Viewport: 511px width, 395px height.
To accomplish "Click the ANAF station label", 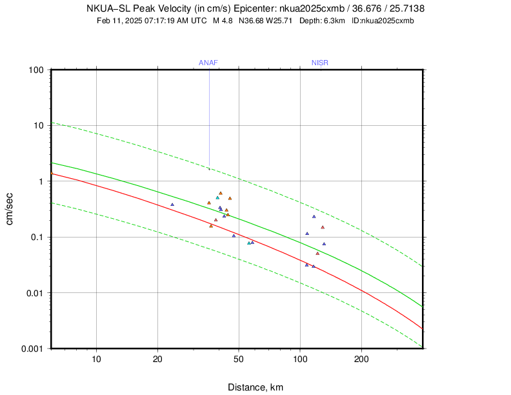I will click(208, 63).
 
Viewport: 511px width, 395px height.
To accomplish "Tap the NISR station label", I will click(320, 63).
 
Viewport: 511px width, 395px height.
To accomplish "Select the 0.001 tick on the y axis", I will click(31, 349).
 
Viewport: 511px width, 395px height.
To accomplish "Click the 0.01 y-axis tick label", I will click(34, 293).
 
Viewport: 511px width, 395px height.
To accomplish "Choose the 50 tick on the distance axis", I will click(239, 359).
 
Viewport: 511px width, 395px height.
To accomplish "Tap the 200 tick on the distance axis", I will click(361, 359).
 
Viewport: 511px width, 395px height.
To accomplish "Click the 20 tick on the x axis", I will click(157, 359).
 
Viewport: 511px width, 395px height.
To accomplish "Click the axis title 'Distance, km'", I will click(255, 387).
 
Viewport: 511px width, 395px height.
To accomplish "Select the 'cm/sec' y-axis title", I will click(11, 209).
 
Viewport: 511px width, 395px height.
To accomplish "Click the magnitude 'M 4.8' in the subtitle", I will click(223, 21).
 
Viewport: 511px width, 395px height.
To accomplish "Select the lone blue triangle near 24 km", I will click(172, 205).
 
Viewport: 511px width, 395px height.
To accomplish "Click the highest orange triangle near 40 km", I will click(221, 193).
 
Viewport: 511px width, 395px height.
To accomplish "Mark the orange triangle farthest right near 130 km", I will click(323, 227).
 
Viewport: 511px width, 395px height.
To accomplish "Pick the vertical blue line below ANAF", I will click(209, 116).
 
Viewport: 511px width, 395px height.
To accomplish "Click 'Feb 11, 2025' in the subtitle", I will click(116, 21).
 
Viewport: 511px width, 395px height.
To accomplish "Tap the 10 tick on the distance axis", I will click(96, 359).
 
